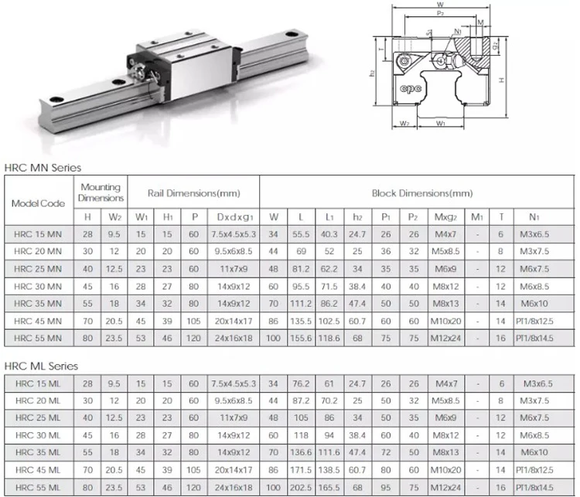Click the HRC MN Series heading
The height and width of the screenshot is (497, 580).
pyautogui.click(x=43, y=167)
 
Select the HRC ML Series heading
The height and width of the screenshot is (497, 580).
pyautogui.click(x=42, y=366)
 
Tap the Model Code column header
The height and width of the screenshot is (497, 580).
pyautogui.click(x=38, y=203)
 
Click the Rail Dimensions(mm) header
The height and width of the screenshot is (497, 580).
pyautogui.click(x=193, y=192)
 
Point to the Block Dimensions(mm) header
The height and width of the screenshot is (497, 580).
pyautogui.click(x=421, y=192)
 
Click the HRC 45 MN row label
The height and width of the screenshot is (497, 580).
pyautogui.click(x=38, y=320)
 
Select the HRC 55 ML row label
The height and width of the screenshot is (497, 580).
pyautogui.click(x=38, y=488)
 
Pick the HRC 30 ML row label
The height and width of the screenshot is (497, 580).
pyautogui.click(x=38, y=436)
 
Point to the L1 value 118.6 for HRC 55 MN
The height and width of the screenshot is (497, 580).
pyautogui.click(x=329, y=338)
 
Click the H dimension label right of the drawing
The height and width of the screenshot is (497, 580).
pyautogui.click(x=503, y=80)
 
